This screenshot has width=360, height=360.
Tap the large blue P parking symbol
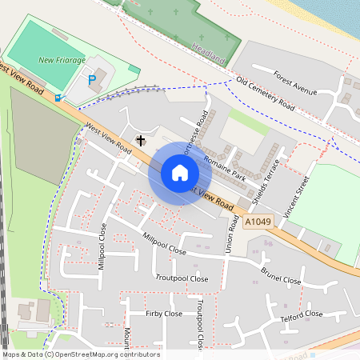pos(92,79)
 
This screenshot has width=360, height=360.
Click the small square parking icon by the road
pos(58,98)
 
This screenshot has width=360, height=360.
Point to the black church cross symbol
pos(141,141)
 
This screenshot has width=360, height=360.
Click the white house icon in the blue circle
pos(179,173)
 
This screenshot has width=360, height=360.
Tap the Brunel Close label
pos(281,275)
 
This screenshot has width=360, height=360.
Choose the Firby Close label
pos(164,314)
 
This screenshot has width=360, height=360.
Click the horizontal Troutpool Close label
pos(182,279)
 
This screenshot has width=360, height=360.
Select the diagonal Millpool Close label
pos(164,245)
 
